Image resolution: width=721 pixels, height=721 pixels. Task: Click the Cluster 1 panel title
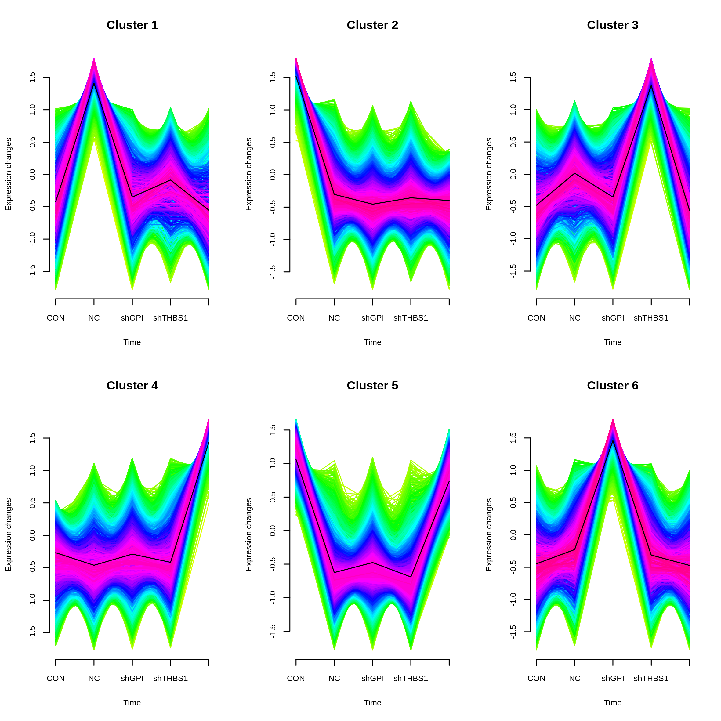[132, 25]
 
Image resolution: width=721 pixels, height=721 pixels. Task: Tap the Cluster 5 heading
[372, 386]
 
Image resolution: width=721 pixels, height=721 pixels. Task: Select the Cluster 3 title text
[612, 25]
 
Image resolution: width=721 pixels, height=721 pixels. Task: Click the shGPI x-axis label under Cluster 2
[372, 318]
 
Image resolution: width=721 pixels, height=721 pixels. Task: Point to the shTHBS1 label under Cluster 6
[651, 679]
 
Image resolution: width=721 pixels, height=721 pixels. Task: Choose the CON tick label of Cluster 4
[56, 679]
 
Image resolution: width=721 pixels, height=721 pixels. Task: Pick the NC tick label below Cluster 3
[574, 318]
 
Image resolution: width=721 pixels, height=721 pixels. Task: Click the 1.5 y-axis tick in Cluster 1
[33, 78]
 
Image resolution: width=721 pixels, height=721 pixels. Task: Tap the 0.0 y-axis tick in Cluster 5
[273, 531]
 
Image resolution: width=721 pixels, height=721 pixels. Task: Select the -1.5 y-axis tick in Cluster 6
[513, 632]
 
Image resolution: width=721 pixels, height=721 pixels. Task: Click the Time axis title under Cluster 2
[372, 342]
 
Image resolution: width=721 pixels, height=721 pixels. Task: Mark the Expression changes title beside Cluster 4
[9, 535]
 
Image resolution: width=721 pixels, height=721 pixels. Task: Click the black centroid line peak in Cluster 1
[94, 83]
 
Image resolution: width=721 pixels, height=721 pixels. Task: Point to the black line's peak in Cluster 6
[613, 441]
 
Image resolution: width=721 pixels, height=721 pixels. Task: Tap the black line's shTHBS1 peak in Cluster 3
[651, 85]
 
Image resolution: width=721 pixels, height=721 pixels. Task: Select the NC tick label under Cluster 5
[334, 679]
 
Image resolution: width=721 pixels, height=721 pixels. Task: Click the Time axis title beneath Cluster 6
[613, 703]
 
